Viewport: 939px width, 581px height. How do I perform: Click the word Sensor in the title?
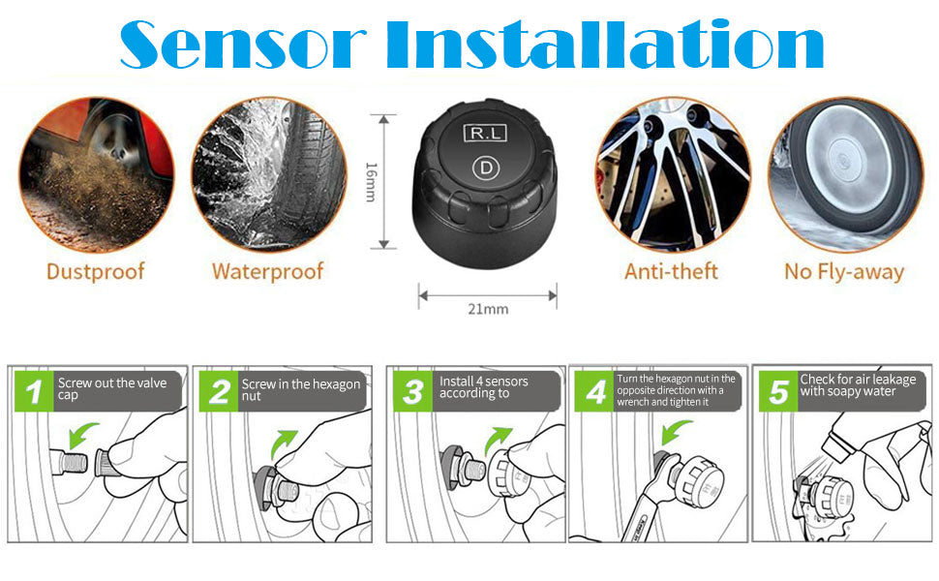(243, 45)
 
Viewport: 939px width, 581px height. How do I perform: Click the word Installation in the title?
(605, 45)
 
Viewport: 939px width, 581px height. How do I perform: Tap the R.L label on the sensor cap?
(485, 133)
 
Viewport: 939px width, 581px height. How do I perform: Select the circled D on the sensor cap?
(486, 168)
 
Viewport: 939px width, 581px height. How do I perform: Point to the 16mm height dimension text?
(372, 181)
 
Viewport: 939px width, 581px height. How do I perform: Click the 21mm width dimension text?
(488, 309)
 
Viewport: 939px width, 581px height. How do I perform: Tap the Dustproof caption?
(96, 271)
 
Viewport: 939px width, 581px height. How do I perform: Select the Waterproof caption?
(268, 271)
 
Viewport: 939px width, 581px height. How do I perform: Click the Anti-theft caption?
(671, 271)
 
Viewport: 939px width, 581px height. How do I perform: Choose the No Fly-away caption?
(844, 272)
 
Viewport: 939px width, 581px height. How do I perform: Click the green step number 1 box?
(34, 391)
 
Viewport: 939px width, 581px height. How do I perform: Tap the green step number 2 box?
(219, 391)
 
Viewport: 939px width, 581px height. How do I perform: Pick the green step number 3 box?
(412, 391)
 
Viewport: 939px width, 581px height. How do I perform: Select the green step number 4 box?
(594, 391)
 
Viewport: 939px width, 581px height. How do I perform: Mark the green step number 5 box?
(778, 391)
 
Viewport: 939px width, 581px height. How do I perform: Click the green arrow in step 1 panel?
(82, 434)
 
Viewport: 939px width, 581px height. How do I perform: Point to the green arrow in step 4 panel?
(676, 431)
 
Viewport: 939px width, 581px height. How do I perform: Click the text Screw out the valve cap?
(112, 388)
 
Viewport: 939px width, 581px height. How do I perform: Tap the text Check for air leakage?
(858, 380)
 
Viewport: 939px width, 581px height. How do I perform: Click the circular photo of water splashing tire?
(269, 174)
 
